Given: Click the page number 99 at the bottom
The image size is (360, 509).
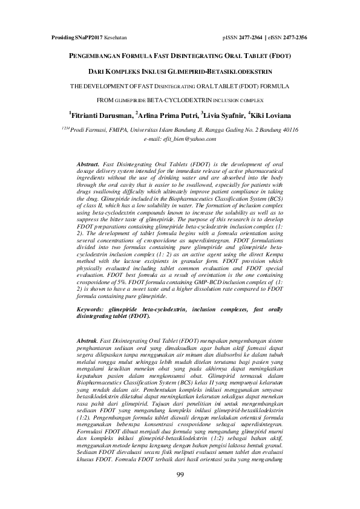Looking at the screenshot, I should pyautogui.click(x=180, y=490).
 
